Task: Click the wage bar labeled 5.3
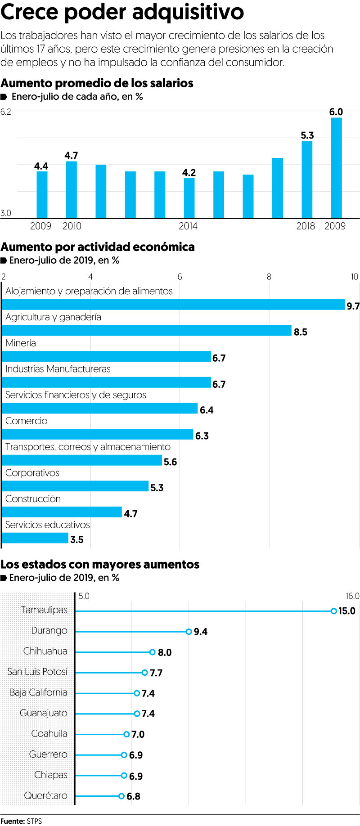click(x=307, y=180)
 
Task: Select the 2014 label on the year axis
click(x=188, y=226)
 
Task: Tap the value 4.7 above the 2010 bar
click(x=71, y=156)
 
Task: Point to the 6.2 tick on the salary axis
click(x=6, y=112)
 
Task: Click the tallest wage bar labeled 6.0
click(x=336, y=168)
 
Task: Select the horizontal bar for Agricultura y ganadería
click(x=147, y=331)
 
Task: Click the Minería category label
click(x=21, y=343)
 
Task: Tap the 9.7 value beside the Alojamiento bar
click(x=353, y=306)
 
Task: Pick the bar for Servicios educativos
click(x=35, y=538)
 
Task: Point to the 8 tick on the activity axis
click(x=269, y=277)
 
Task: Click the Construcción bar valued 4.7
click(x=62, y=512)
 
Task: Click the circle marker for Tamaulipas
click(x=333, y=611)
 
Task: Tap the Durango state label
click(x=49, y=631)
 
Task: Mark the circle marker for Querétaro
click(x=121, y=796)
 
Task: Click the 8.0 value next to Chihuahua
click(x=165, y=652)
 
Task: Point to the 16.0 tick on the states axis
click(x=352, y=596)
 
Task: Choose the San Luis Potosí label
click(x=37, y=672)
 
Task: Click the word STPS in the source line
click(x=34, y=821)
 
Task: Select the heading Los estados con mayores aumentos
click(x=100, y=564)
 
